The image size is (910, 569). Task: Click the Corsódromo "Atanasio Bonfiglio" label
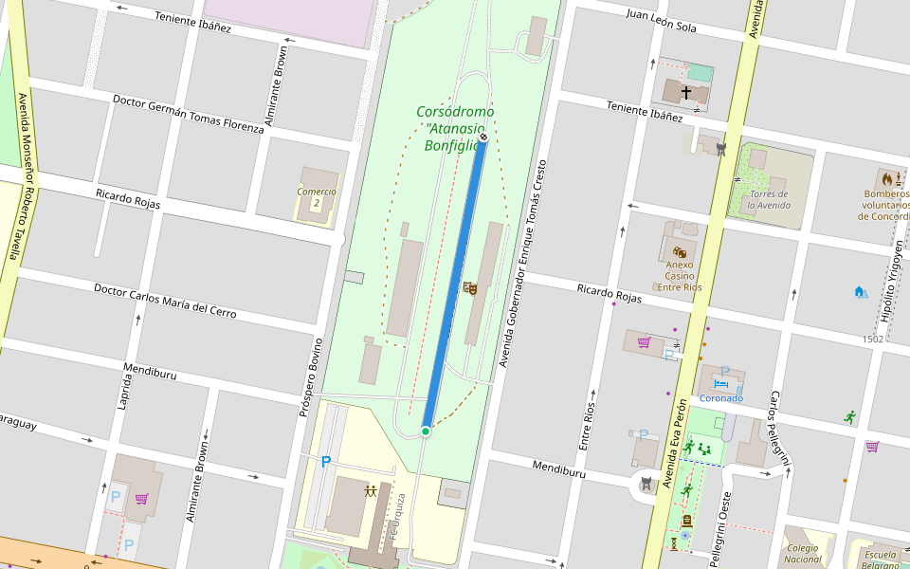[455, 128]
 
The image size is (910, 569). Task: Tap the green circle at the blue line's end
[426, 431]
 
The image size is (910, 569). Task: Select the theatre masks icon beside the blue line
[468, 287]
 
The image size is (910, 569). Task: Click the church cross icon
[686, 93]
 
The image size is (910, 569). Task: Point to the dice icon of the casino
[680, 251]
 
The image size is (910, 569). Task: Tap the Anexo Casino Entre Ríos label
[680, 276]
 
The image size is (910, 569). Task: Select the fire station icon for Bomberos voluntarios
[888, 178]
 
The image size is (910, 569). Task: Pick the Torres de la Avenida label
[768, 199]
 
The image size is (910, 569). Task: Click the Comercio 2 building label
[316, 197]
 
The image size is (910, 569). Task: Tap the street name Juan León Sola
[661, 21]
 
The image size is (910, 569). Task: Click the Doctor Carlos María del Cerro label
[165, 300]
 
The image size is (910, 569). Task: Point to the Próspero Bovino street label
[311, 376]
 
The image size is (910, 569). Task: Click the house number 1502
[873, 339]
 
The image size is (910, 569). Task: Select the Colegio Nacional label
[803, 553]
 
